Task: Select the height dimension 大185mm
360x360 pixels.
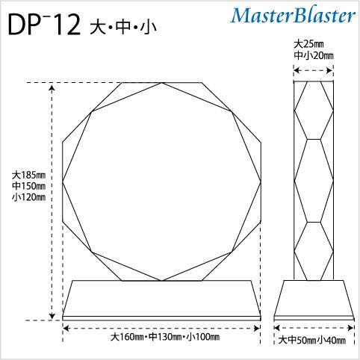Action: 29,175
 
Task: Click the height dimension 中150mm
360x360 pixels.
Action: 29,186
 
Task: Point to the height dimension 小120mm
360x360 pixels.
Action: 29,197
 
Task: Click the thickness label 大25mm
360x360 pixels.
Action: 312,44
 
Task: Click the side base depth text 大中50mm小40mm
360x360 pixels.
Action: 312,341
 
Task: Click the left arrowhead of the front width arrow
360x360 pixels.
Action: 66,326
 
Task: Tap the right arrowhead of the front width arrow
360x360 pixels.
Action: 258,326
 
